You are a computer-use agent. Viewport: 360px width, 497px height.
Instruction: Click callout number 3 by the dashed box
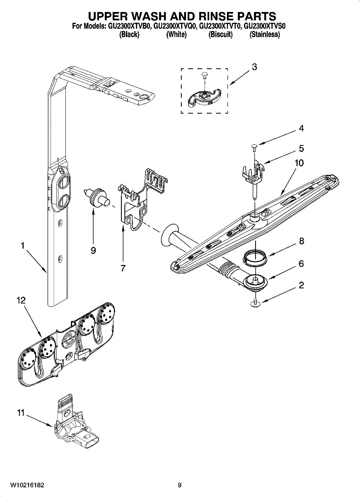(x=254, y=67)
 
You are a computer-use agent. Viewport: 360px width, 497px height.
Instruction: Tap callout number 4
(x=301, y=129)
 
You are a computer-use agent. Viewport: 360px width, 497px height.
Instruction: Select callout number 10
(x=299, y=163)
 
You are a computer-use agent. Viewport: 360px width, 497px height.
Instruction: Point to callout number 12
(x=21, y=302)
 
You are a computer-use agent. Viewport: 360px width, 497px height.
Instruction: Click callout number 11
(x=21, y=413)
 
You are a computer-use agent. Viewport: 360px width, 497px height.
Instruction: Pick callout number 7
(x=123, y=268)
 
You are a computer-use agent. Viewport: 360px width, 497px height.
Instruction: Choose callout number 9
(x=93, y=251)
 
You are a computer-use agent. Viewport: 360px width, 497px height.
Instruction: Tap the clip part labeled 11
(x=77, y=427)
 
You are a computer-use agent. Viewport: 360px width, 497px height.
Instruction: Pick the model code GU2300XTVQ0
(x=175, y=27)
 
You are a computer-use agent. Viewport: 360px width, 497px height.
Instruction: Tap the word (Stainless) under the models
(x=265, y=35)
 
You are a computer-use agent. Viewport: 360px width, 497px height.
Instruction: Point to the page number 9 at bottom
(x=179, y=485)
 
